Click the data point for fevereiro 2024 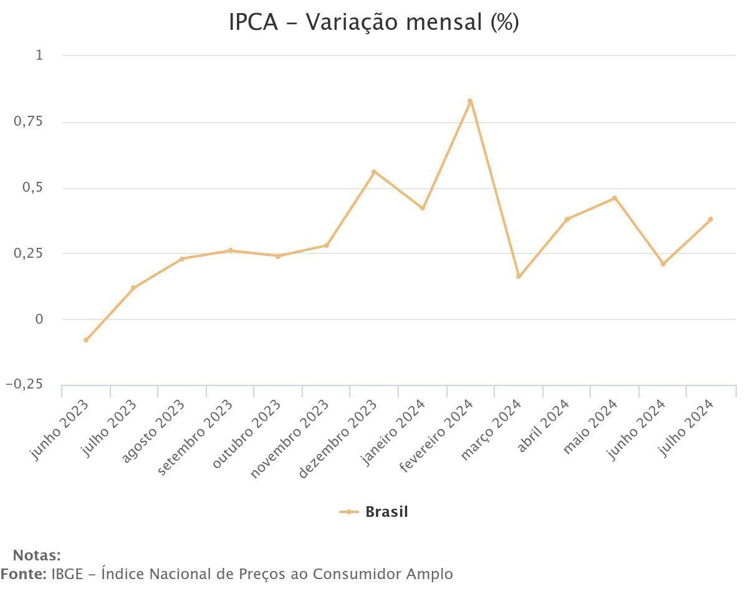[x=470, y=101]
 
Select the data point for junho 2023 [x=86, y=340]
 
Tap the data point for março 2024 [x=519, y=276]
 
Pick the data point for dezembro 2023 [x=374, y=172]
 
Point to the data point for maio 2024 [x=615, y=198]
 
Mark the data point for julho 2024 [x=711, y=219]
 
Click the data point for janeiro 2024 [x=423, y=208]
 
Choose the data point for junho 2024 [x=663, y=264]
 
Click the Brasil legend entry [x=374, y=512]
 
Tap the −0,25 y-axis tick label [x=25, y=384]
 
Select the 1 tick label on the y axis [x=39, y=55]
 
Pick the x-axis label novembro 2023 [x=290, y=439]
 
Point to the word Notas [x=37, y=555]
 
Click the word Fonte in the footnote [x=23, y=573]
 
